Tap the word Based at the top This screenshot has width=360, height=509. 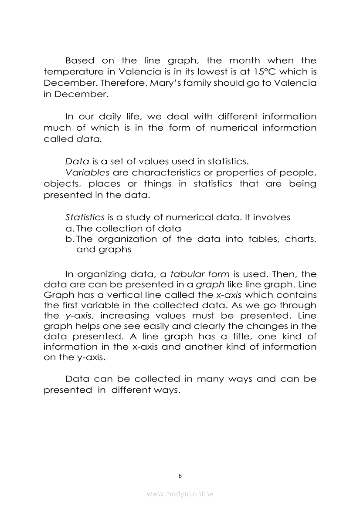pyautogui.click(x=79, y=61)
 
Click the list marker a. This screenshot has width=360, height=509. pyautogui.click(x=69, y=229)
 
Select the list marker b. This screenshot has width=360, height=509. pyautogui.click(x=69, y=239)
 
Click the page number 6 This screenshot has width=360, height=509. pyautogui.click(x=180, y=475)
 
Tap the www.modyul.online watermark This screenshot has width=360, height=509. pyautogui.click(x=180, y=494)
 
